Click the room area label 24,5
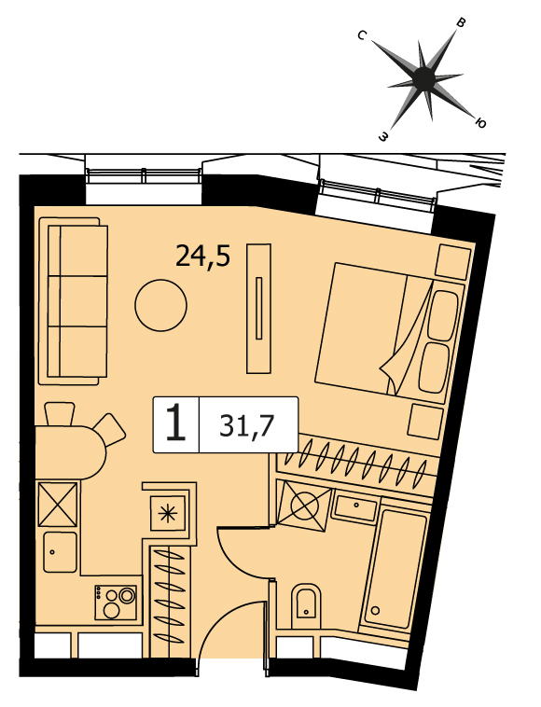click(x=202, y=257)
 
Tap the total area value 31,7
click(x=247, y=426)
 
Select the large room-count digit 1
click(x=175, y=423)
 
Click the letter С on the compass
click(x=362, y=35)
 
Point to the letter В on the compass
click(x=461, y=23)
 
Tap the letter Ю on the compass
click(x=480, y=123)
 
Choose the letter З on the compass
click(x=383, y=136)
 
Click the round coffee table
click(x=161, y=305)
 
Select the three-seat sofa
click(x=74, y=300)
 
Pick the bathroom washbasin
click(x=355, y=507)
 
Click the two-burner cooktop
click(x=116, y=603)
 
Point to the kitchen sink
click(x=61, y=552)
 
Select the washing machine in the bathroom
click(x=303, y=505)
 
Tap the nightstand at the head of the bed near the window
click(x=453, y=261)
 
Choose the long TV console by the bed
click(x=258, y=309)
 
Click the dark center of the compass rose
click(x=424, y=78)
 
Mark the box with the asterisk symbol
click(x=168, y=513)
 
